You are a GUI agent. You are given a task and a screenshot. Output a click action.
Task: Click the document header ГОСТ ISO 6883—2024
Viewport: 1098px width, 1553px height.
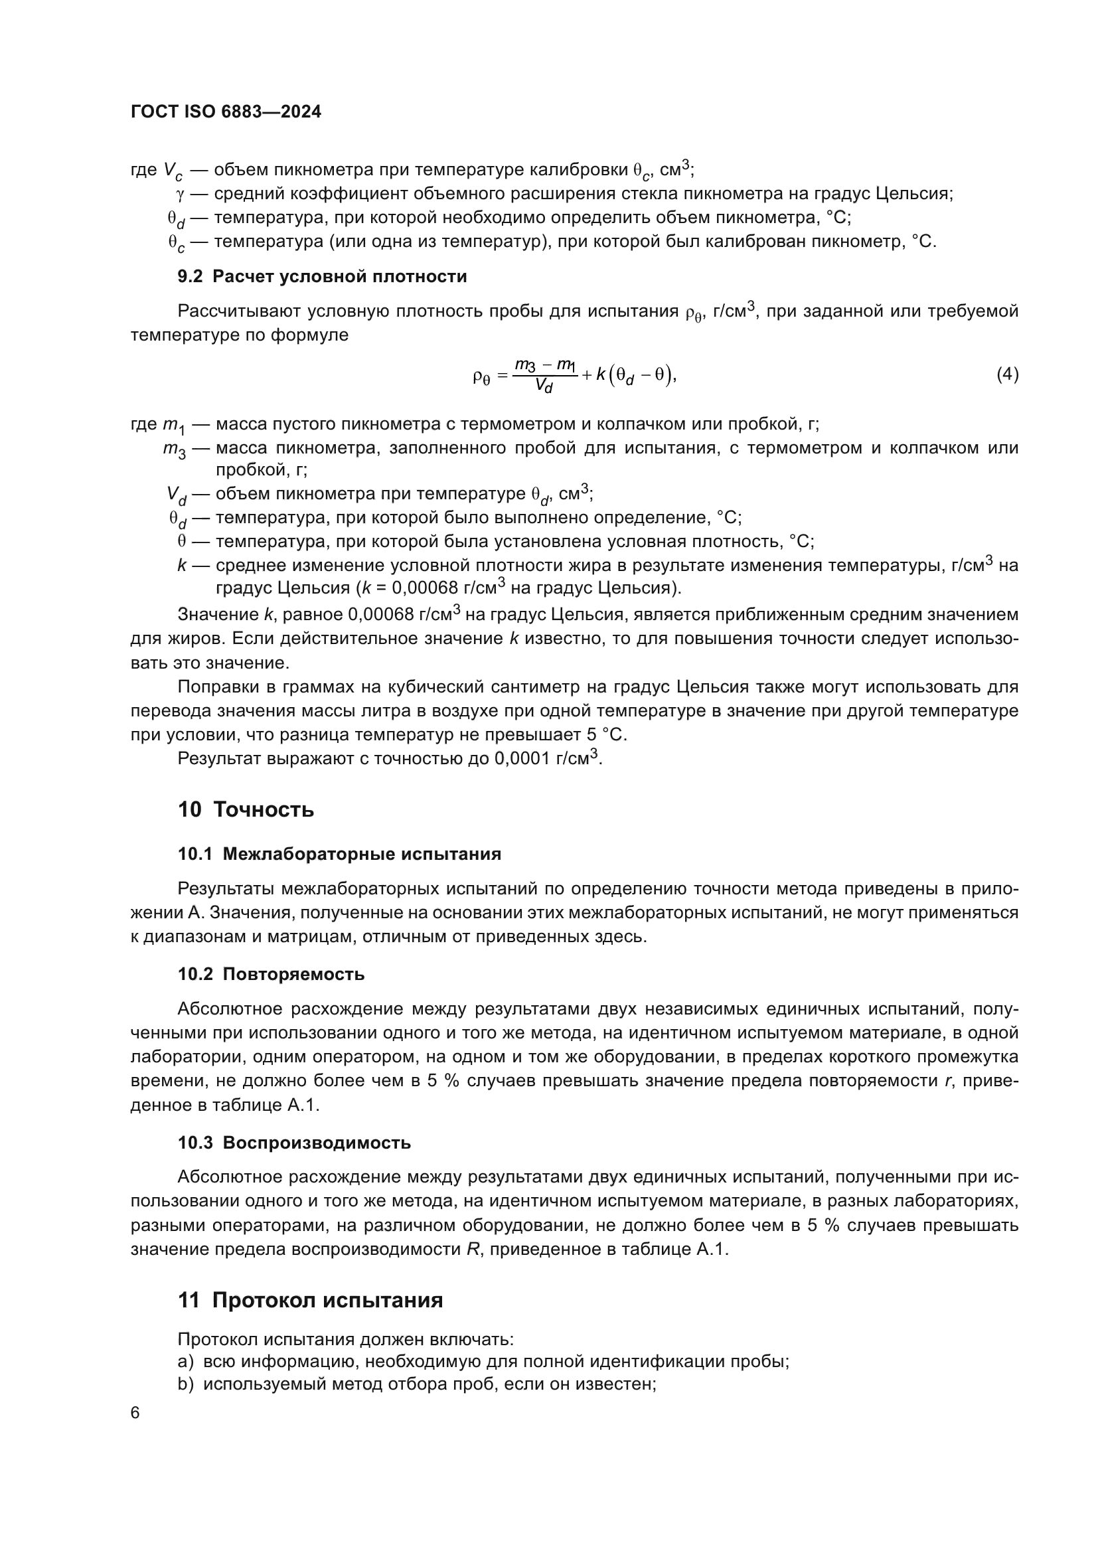[226, 112]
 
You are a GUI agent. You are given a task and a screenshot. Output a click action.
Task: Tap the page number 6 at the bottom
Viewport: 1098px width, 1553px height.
[135, 1413]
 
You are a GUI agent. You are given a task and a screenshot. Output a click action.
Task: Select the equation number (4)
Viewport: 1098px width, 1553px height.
[1007, 374]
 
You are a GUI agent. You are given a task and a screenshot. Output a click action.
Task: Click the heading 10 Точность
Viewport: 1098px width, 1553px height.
[246, 809]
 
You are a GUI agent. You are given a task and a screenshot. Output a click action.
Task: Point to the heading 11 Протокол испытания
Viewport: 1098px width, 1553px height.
[310, 1300]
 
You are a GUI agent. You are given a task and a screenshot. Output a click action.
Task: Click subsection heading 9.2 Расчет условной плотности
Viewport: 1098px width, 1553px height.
[322, 276]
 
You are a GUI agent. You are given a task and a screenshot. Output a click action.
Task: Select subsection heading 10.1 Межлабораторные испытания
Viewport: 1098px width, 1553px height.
[339, 854]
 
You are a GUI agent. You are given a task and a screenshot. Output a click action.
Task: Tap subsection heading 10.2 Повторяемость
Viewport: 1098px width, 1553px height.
[271, 974]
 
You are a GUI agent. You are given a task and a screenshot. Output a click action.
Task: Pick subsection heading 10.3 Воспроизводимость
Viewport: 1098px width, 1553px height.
[294, 1143]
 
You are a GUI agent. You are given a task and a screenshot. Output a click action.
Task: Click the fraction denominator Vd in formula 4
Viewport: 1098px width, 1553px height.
[544, 386]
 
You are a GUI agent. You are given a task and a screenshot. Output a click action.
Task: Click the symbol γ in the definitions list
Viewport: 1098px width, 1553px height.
[180, 194]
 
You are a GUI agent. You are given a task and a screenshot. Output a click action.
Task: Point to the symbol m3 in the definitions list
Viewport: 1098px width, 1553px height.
[175, 449]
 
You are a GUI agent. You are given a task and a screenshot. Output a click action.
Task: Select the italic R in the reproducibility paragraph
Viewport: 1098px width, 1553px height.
[473, 1250]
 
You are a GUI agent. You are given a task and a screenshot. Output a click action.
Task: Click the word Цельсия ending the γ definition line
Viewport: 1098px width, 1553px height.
[913, 194]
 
